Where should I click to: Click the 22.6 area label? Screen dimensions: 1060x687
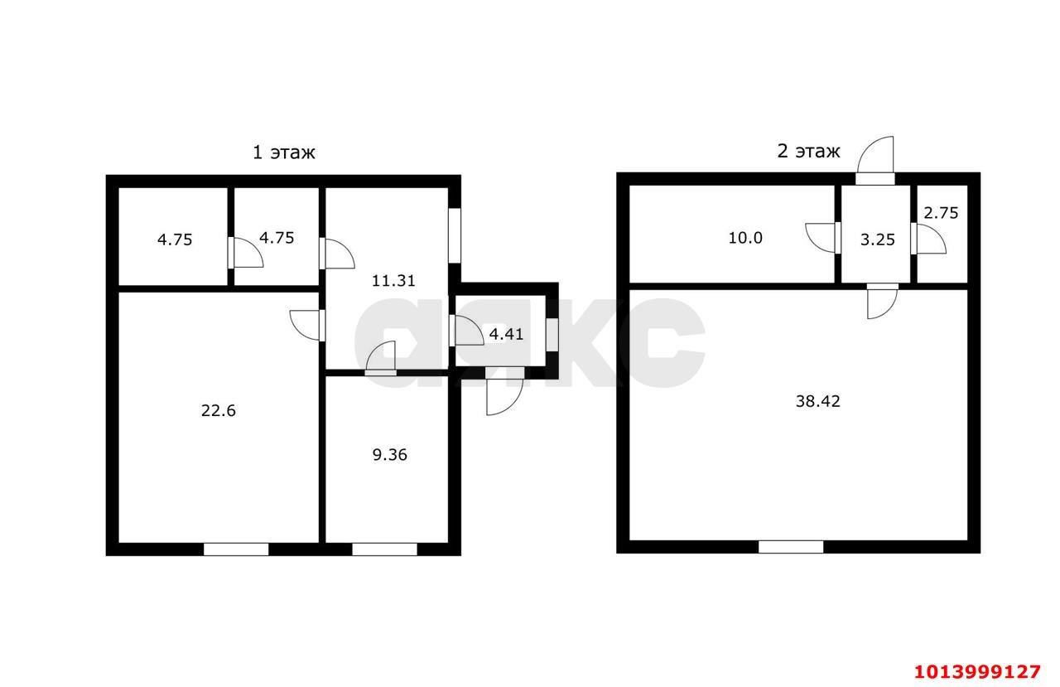point(218,411)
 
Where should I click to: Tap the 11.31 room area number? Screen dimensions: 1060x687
point(393,281)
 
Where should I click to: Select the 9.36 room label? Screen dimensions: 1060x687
point(389,455)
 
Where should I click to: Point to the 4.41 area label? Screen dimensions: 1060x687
point(506,334)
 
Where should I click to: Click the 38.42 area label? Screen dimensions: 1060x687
point(817,401)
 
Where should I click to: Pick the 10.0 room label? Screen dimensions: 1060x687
point(745,238)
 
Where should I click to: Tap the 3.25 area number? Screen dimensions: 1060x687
point(877,240)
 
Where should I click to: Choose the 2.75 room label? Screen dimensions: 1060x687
point(941,214)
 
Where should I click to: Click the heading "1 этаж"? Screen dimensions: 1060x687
point(284,153)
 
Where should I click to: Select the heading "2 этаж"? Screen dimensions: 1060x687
point(809,152)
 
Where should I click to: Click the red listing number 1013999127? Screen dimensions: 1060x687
point(978,672)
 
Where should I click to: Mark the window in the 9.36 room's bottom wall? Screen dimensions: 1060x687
point(385,549)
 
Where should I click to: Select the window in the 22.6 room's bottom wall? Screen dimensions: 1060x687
point(236,549)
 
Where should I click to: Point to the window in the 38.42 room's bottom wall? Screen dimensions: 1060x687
point(791,547)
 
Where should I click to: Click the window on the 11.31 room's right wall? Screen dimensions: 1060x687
point(455,236)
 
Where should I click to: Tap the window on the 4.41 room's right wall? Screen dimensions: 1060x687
point(552,336)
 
